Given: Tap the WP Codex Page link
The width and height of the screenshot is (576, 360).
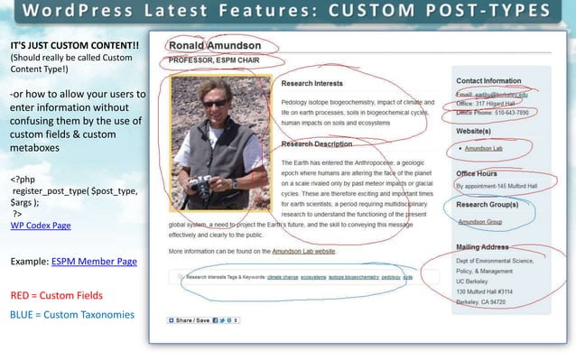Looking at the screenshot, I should [x=40, y=225].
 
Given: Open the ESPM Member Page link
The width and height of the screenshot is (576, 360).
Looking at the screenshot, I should [x=94, y=261].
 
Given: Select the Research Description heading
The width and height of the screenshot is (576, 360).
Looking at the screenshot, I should [x=317, y=143].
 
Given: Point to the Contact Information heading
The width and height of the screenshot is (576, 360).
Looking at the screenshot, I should [x=496, y=81].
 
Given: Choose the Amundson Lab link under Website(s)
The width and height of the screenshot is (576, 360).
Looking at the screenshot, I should [x=483, y=148].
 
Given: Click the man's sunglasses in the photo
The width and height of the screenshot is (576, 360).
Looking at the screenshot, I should [x=214, y=104].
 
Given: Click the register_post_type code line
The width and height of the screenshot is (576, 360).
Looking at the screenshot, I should [x=74, y=192].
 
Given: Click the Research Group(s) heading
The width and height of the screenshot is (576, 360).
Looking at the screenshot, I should [x=493, y=206].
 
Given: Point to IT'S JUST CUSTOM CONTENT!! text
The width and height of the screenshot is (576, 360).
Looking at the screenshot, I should [x=75, y=45].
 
